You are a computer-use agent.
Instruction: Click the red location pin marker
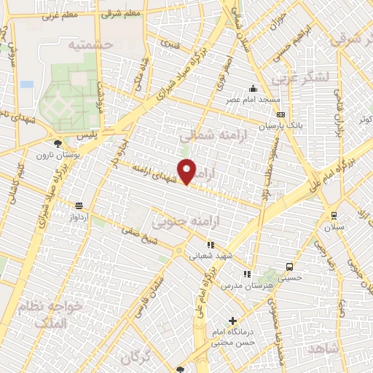click(x=188, y=171)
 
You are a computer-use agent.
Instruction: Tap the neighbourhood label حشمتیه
click(x=93, y=45)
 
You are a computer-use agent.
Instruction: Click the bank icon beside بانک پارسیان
click(x=281, y=114)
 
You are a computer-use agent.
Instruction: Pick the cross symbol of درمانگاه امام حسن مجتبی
click(x=232, y=320)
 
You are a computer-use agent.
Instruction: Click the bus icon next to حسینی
click(x=290, y=267)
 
